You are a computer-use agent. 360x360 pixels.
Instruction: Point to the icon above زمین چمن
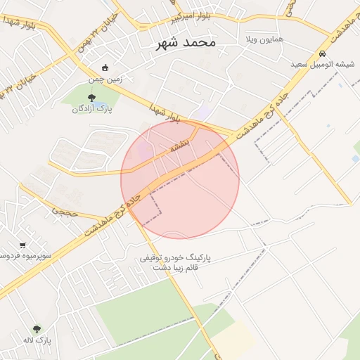[105, 68]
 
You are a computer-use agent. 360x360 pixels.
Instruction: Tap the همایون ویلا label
[264, 39]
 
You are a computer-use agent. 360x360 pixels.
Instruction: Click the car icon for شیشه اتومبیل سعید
[322, 53]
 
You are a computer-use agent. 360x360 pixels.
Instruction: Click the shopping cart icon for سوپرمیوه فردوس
[23, 245]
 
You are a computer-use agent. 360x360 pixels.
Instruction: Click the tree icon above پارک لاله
[37, 328]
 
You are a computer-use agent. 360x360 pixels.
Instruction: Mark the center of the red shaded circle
[180, 180]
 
